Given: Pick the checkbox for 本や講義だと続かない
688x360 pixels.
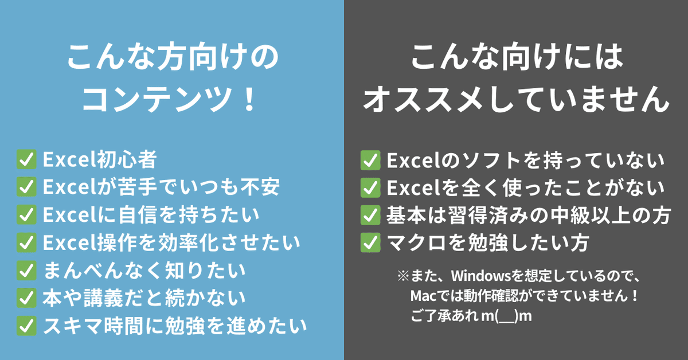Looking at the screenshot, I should pyautogui.click(x=27, y=298).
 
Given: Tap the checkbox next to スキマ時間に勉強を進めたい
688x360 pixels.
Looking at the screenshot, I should pyautogui.click(x=27, y=325).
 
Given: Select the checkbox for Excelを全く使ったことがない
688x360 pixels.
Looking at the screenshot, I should pyautogui.click(x=370, y=187).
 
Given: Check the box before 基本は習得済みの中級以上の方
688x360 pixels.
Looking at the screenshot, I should pyautogui.click(x=370, y=215).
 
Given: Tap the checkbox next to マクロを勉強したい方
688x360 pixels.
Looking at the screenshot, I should pyautogui.click(x=370, y=242).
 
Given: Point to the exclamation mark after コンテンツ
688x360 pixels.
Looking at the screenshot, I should pyautogui.click(x=248, y=99).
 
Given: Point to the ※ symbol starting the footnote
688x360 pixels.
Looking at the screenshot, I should pyautogui.click(x=403, y=276).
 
